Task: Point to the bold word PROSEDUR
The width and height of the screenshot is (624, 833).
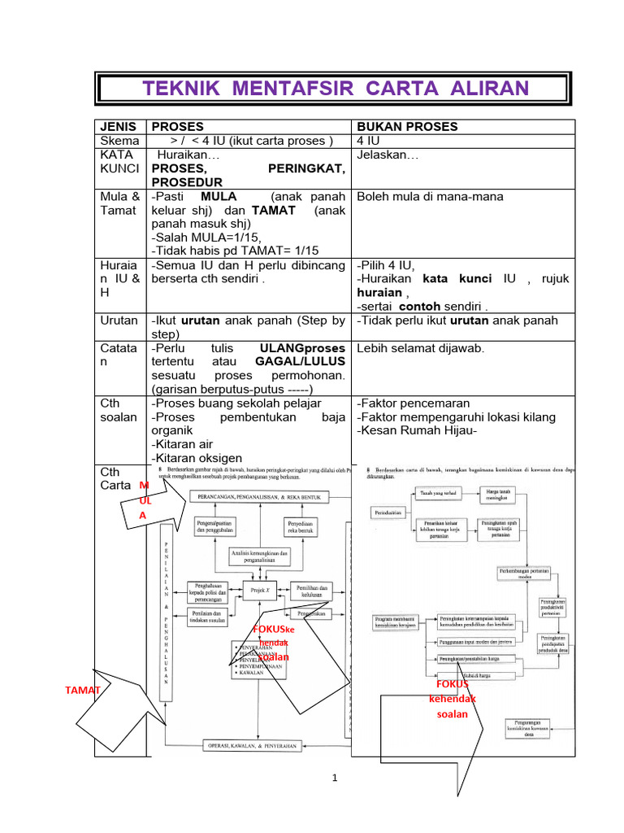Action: [x=187, y=182]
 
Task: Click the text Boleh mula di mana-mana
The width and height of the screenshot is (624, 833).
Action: [x=430, y=196]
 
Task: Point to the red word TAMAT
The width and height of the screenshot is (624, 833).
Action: [x=83, y=690]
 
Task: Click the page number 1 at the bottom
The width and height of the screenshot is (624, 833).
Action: [x=334, y=778]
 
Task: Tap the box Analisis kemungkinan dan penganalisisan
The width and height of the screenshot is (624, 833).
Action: [x=261, y=556]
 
